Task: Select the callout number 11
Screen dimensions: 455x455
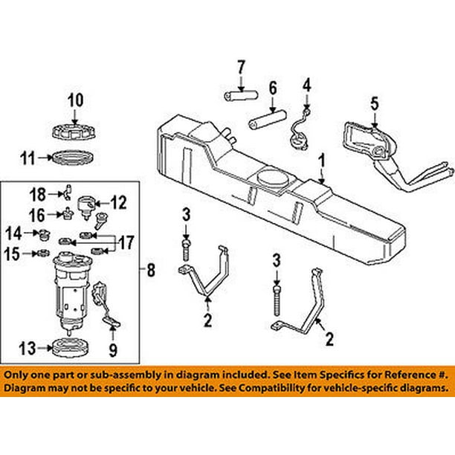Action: (28, 157)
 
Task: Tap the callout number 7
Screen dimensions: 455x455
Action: (240, 69)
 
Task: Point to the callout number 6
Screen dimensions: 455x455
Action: (273, 87)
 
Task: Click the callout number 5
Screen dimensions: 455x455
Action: (374, 103)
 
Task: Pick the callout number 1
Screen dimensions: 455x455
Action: (322, 160)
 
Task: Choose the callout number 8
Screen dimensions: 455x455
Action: (151, 271)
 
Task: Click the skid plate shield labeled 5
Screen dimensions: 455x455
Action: (364, 141)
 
